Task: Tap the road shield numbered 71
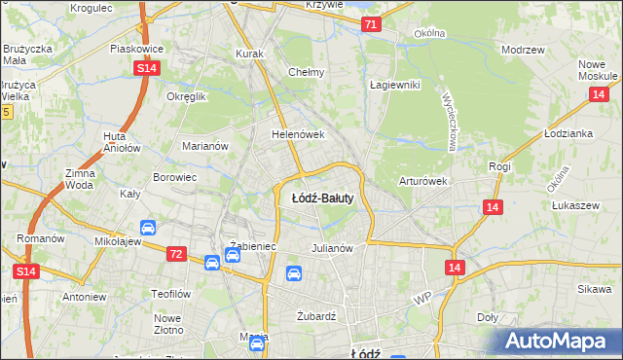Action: pos(370,23)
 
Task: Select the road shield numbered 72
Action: pos(175,253)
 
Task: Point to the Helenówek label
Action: pos(297,134)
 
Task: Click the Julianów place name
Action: pos(330,248)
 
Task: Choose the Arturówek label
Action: pos(422,181)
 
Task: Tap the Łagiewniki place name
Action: pos(394,85)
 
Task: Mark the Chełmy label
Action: pos(306,72)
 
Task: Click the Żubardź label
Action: pos(315,316)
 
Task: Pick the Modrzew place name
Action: pos(522,49)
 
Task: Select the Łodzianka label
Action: pos(569,133)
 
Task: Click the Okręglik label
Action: pos(187,97)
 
